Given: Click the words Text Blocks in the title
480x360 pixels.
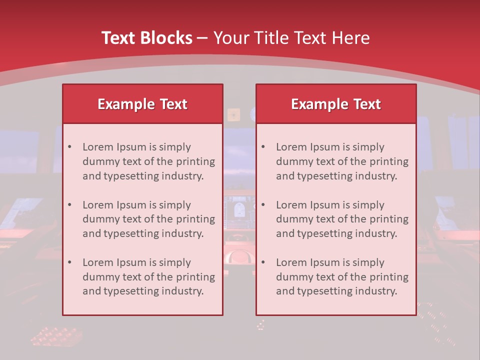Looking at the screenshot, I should [146, 38].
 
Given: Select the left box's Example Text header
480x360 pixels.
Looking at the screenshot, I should [142, 104].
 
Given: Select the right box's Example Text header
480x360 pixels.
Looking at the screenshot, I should [336, 104].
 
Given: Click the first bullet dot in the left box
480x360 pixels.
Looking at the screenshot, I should [70, 147].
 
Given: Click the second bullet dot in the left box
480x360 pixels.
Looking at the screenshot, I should [70, 205].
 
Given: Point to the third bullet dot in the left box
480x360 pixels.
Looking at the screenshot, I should [70, 262].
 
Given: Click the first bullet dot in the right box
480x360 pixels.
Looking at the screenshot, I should [263, 147].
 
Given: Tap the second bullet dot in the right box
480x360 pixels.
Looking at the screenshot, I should [263, 205].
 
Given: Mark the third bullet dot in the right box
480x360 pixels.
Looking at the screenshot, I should [263, 262].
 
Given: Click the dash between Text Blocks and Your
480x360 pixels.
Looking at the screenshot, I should [202, 38].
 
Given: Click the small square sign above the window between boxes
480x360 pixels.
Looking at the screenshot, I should [233, 114].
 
